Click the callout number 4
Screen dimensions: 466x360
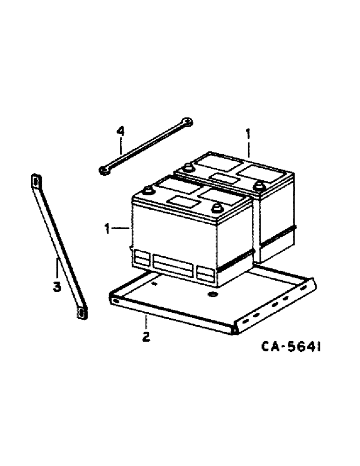point(120,131)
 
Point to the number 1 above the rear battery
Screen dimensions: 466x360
point(248,136)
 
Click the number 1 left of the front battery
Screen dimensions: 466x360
point(108,228)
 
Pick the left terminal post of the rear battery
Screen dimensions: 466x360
point(188,168)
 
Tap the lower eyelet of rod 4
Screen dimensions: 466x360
point(104,170)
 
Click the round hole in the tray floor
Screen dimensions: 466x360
point(211,295)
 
